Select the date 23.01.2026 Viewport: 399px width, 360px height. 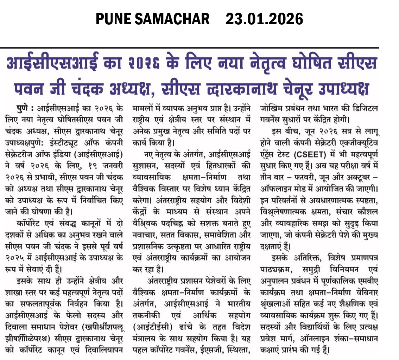(264, 19)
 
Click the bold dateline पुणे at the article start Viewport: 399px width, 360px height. (25, 108)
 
